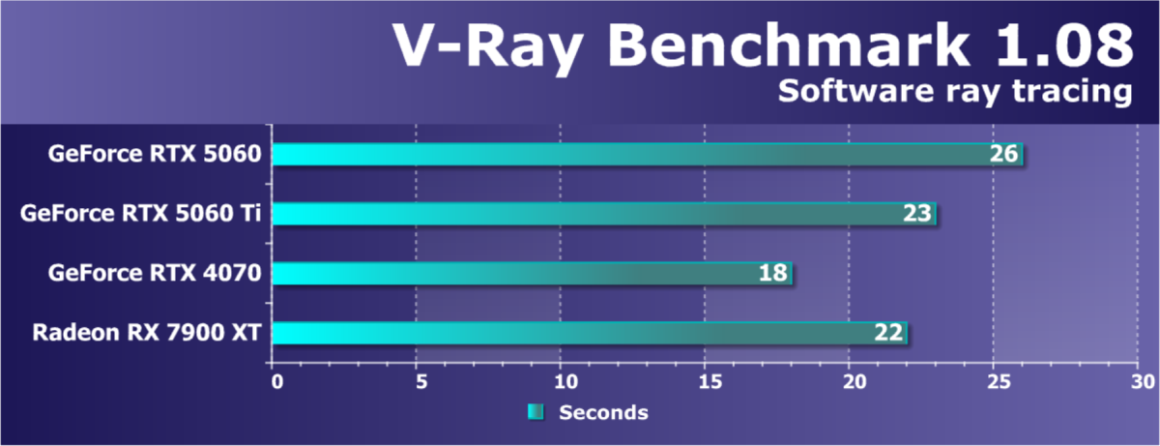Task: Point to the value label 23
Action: pyautogui.click(x=917, y=214)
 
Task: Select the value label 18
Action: pyautogui.click(x=773, y=274)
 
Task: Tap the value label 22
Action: pyautogui.click(x=888, y=334)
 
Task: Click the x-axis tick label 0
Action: pyautogui.click(x=277, y=381)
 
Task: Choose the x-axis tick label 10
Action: pyautogui.click(x=563, y=381)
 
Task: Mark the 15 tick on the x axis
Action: pyautogui.click(x=707, y=381)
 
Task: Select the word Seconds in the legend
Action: pyautogui.click(x=603, y=413)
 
